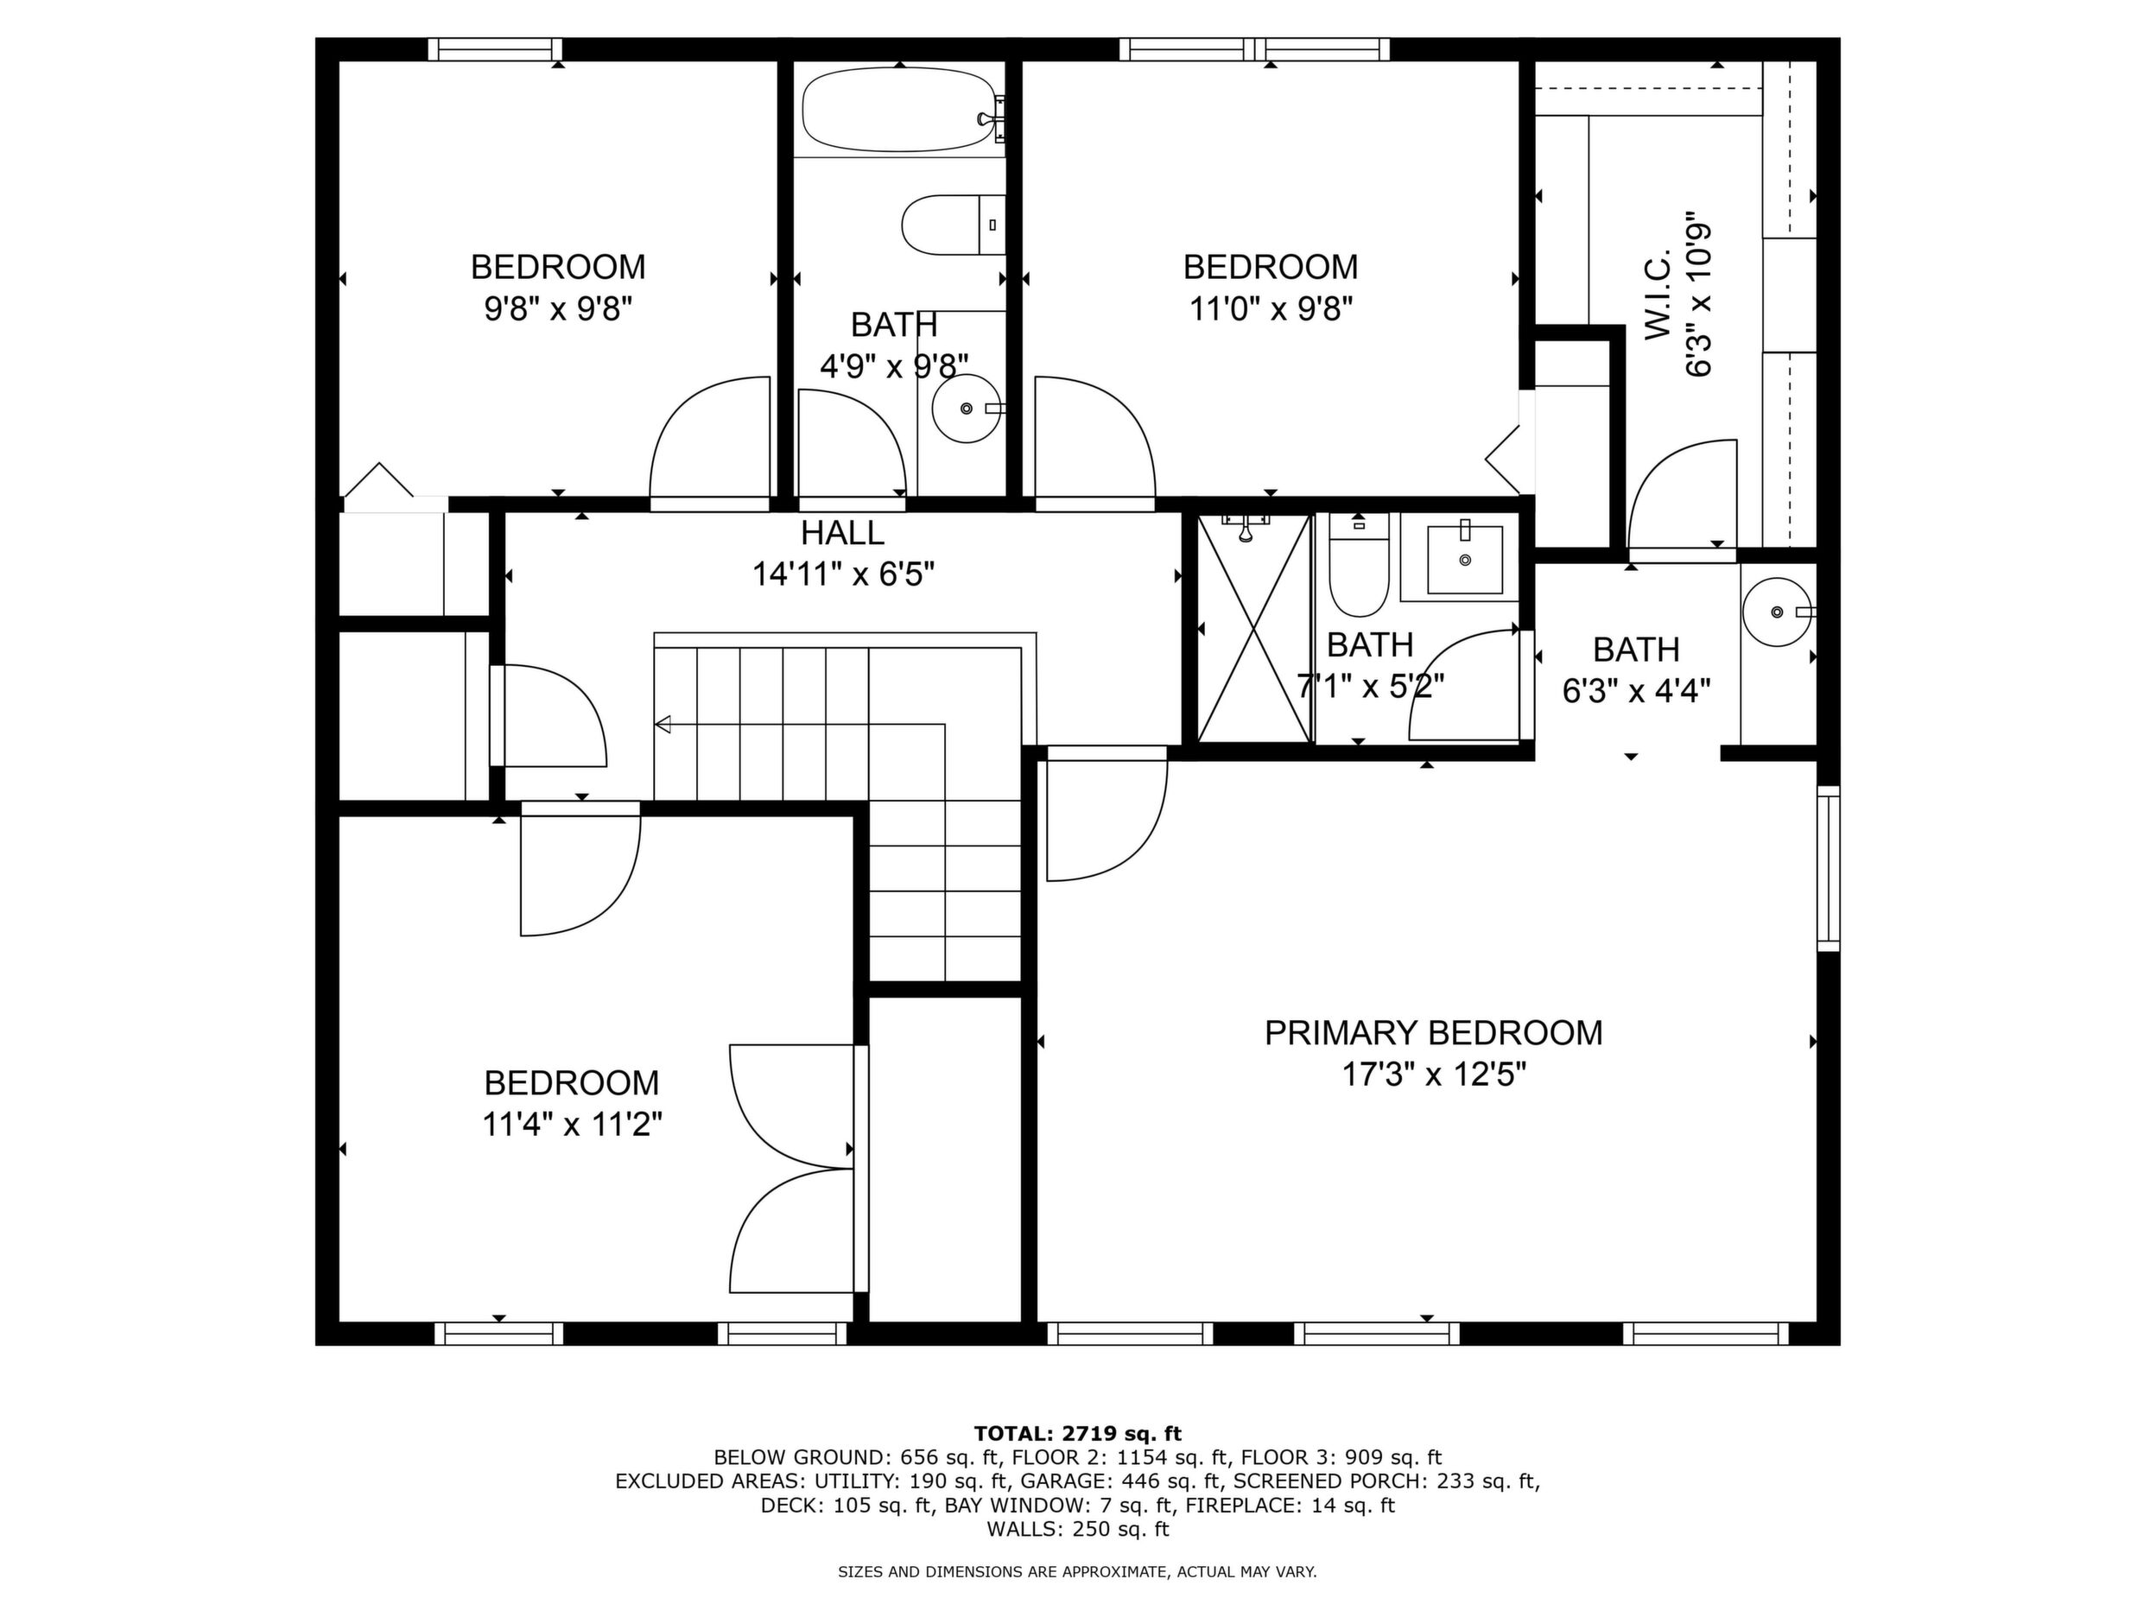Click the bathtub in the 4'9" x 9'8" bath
coord(901,109)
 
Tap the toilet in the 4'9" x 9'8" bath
coord(954,225)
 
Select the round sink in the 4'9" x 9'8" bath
coord(967,409)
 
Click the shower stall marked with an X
coord(1253,629)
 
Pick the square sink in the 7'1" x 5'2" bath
coord(1464,560)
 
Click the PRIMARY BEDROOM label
coord(1433,1033)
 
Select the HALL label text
coord(842,533)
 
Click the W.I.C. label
coord(1659,295)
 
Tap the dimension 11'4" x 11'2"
coord(572,1125)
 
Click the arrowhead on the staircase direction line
coord(663,724)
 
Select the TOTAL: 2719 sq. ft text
coord(1077,1434)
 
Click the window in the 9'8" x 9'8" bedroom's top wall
coord(495,48)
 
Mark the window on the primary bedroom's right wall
coord(1829,868)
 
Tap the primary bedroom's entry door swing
coord(1107,815)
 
